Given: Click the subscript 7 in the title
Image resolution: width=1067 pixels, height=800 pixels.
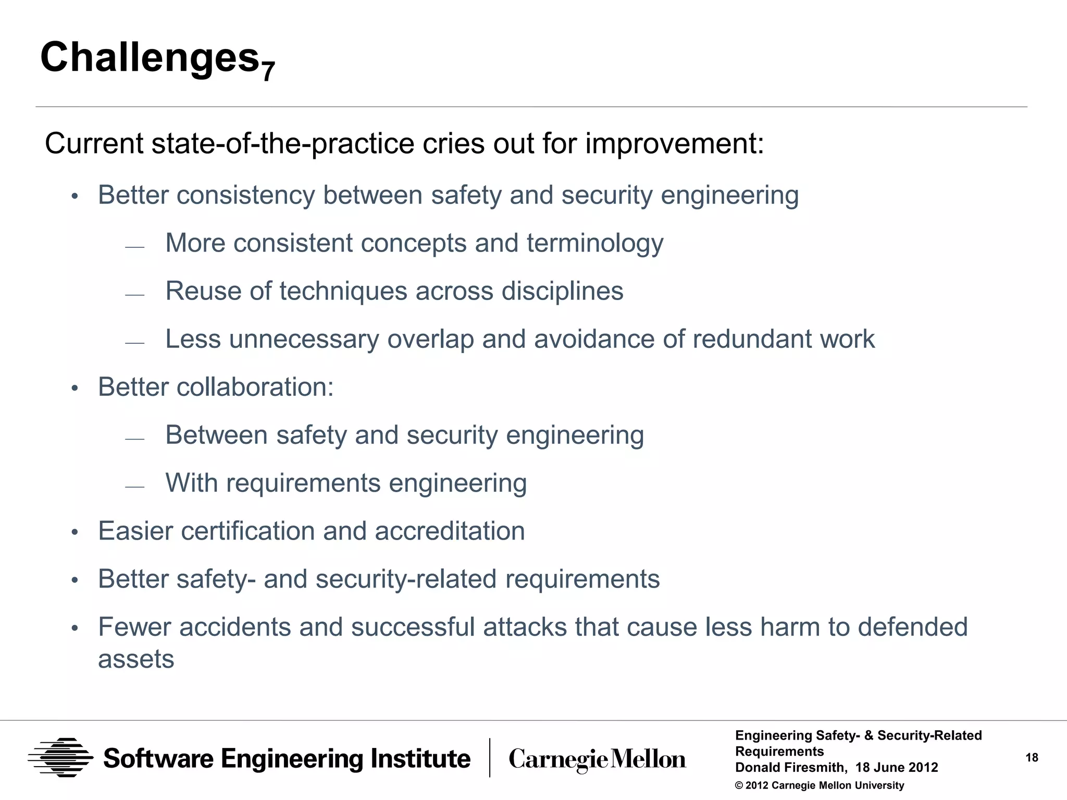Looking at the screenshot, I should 268,71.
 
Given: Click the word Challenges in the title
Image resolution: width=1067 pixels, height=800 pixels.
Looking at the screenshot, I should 150,57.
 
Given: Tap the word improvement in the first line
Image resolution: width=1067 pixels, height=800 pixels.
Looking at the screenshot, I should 674,143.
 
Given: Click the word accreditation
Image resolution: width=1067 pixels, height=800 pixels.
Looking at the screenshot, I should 450,531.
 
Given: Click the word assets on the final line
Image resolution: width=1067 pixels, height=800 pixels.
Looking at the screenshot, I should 136,659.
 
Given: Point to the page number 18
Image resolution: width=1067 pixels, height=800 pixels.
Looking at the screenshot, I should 1032,758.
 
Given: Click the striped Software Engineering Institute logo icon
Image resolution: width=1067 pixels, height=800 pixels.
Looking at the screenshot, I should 61,758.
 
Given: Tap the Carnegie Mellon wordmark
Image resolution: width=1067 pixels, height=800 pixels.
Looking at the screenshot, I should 597,759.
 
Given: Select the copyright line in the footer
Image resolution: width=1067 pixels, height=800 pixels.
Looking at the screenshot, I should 819,785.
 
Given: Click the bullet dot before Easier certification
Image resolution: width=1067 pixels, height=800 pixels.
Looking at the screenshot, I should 75,532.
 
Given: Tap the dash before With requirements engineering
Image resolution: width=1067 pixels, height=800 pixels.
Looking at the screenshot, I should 134,487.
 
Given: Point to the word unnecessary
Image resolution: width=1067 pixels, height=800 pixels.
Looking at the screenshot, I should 304,339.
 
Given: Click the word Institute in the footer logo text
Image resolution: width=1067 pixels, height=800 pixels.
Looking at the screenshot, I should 420,758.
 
